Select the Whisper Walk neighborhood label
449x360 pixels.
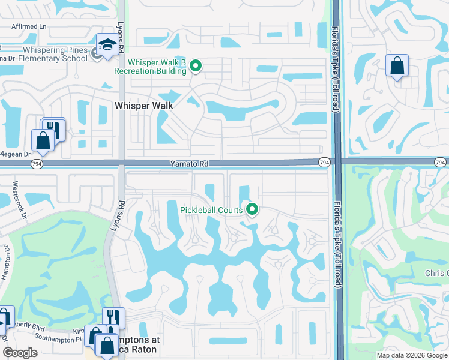pyautogui.click(x=143, y=106)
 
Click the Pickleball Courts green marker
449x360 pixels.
pyautogui.click(x=252, y=209)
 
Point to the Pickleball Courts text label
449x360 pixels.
pyautogui.click(x=211, y=210)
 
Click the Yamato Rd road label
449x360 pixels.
pyautogui.click(x=188, y=163)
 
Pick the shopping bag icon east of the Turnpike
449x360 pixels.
pyautogui.click(x=397, y=66)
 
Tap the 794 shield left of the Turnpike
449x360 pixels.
pyautogui.click(x=324, y=163)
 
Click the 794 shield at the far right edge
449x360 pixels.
pyautogui.click(x=440, y=163)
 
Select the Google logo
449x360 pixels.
pyautogui.click(x=20, y=353)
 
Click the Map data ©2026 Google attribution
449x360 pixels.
pyautogui.click(x=411, y=355)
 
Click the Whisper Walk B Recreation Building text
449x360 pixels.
pyautogui.click(x=157, y=67)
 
